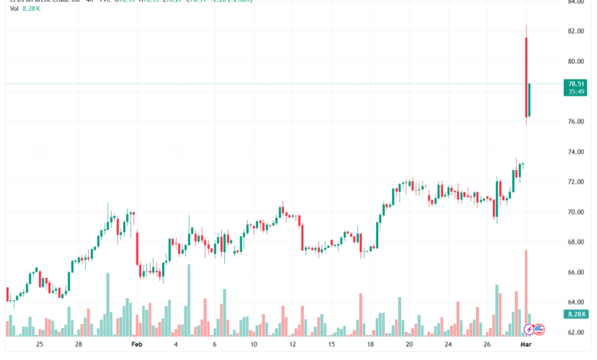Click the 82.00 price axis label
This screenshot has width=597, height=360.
pos(576,31)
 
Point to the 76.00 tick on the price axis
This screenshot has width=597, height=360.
pos(576,122)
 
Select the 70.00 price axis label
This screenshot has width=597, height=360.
pos(576,212)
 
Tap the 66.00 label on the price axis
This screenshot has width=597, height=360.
pos(576,272)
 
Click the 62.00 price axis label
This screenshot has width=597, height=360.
pos(576,332)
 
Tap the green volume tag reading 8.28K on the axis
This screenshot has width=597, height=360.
pos(576,314)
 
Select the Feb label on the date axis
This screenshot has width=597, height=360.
pos(136,345)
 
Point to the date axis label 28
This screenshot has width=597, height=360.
pos(78,345)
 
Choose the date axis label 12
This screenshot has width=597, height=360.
pos(292,345)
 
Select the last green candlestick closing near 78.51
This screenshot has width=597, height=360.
pos(530,100)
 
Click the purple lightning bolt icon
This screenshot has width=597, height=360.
pos(529,329)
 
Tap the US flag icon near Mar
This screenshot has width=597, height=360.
pos(539,329)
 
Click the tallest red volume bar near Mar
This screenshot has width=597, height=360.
pos(526,291)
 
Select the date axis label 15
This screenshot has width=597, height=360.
pos(331,345)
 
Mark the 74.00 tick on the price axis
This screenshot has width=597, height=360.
pos(576,152)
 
